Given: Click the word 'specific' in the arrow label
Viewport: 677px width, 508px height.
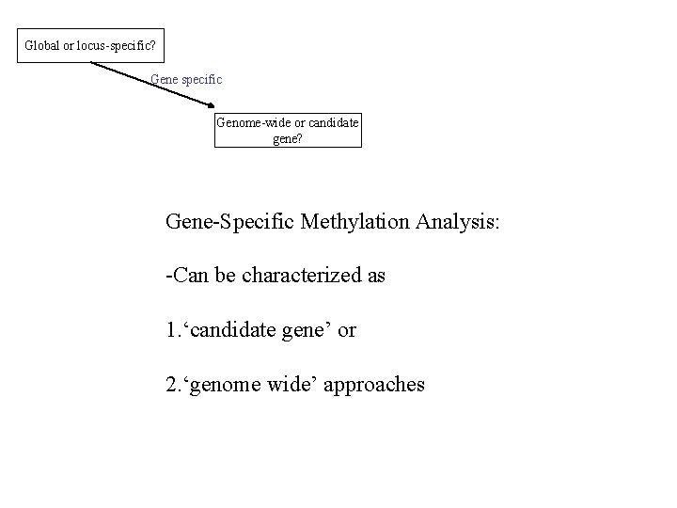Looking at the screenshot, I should (x=201, y=80).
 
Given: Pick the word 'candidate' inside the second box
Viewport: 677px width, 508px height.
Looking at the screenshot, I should (x=332, y=122).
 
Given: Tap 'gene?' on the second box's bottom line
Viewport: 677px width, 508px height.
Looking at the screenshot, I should (x=287, y=137).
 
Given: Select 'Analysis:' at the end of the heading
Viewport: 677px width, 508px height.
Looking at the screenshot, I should (x=468, y=223).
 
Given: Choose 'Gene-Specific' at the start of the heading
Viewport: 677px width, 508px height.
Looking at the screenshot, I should (x=228, y=223).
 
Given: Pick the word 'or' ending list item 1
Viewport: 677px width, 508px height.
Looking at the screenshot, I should (x=347, y=330).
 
